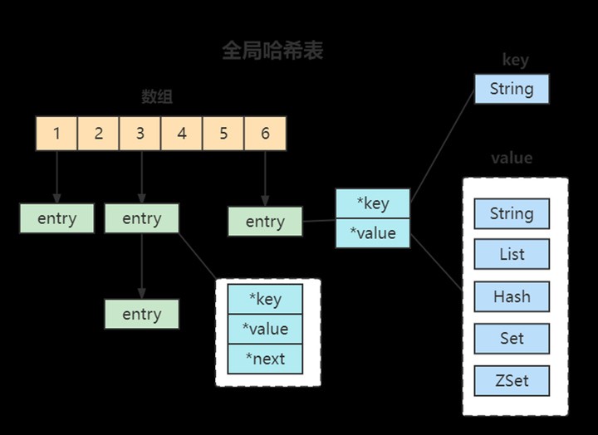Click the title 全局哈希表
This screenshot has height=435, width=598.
tap(272, 51)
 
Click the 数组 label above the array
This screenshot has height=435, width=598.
tap(156, 97)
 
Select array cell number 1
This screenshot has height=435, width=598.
tap(56, 133)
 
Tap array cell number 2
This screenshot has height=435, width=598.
tap(98, 133)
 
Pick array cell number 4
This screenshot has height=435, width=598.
tap(182, 133)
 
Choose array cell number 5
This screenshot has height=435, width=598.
tap(223, 133)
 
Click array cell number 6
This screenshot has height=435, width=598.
tap(265, 133)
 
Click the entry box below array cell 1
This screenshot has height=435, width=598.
tap(56, 218)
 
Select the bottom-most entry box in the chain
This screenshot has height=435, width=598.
tap(141, 315)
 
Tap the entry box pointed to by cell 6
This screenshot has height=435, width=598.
tap(265, 222)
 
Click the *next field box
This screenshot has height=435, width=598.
tap(265, 359)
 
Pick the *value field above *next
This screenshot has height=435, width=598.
tap(265, 329)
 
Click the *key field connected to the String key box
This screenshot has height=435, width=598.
tap(373, 204)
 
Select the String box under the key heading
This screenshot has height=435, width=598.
tap(512, 89)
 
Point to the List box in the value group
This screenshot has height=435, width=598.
tap(512, 255)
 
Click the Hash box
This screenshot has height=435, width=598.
tap(512, 296)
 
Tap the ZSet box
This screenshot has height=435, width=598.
tap(512, 381)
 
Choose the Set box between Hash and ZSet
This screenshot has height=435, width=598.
tap(512, 338)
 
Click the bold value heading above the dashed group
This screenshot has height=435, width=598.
tap(512, 158)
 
